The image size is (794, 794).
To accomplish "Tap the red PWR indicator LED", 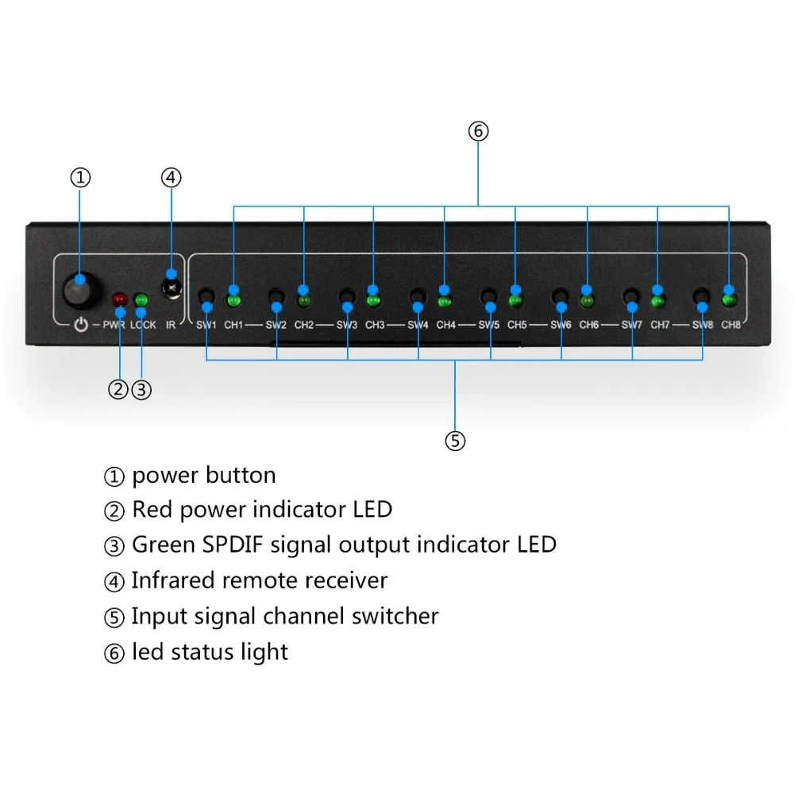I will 120,300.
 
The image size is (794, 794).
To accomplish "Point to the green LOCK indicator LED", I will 142,300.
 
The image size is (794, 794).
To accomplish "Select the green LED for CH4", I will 445,301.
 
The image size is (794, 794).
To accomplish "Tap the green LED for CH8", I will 729,300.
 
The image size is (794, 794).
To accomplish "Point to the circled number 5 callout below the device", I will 455,441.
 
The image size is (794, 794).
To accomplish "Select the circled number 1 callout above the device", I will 80,177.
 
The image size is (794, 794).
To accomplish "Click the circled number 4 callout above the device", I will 171,177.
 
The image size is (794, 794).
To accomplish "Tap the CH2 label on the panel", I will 304,326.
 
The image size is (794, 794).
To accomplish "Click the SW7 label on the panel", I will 632,326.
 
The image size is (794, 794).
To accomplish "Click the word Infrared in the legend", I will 174,580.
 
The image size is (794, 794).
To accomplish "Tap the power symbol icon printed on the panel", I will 80,325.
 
